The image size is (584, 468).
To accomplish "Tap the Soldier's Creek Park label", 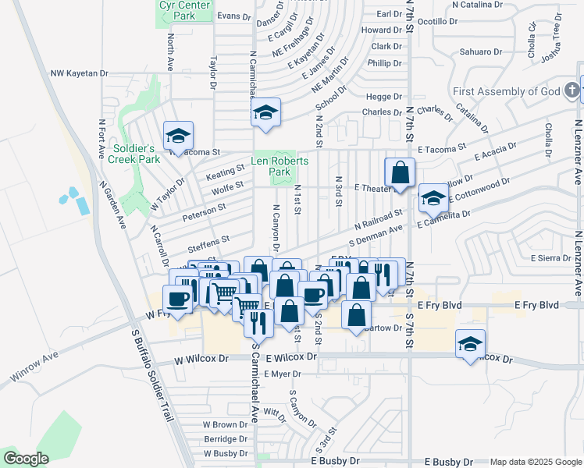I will coord(136,154).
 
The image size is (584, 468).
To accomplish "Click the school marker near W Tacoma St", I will coord(178,135).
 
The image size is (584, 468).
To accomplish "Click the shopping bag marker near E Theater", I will coord(401,172).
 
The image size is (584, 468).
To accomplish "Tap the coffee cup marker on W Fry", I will coord(178,299).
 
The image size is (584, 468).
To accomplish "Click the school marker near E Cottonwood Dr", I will coord(433,197).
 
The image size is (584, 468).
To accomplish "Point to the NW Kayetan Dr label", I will coord(79,73).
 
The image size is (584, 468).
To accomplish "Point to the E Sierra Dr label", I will coord(551,257).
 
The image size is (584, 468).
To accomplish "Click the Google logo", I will coord(26,458).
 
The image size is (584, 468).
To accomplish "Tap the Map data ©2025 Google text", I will coord(535,462).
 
